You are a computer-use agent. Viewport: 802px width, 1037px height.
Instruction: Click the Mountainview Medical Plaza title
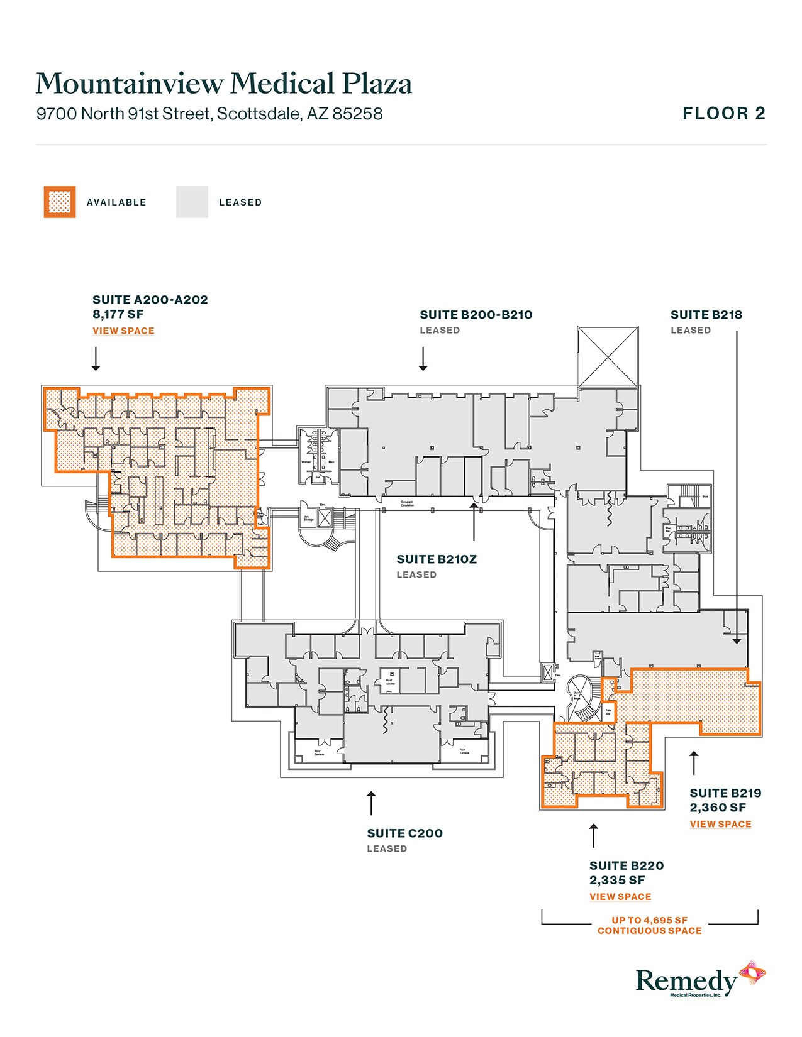click(x=224, y=84)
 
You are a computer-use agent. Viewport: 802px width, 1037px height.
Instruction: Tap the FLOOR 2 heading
click(x=724, y=114)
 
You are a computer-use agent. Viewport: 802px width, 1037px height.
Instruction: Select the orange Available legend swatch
click(x=60, y=202)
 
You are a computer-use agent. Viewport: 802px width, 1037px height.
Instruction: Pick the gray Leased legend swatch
click(x=192, y=202)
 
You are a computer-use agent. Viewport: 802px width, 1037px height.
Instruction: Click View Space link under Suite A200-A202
click(x=123, y=331)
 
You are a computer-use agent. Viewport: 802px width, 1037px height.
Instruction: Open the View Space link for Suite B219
click(x=720, y=825)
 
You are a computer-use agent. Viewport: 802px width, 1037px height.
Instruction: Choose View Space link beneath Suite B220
click(x=620, y=897)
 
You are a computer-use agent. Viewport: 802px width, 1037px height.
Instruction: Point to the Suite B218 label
click(x=706, y=315)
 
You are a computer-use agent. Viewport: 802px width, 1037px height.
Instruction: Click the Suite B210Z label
click(x=437, y=559)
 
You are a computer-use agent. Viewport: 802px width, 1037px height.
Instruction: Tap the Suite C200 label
click(x=404, y=833)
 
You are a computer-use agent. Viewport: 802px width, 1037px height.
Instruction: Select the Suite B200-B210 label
click(x=476, y=315)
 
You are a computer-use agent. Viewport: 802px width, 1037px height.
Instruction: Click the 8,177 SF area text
click(x=118, y=314)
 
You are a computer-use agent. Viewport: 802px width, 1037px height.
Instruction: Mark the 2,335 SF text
click(x=617, y=881)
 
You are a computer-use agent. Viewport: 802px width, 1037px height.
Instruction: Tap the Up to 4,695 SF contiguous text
click(x=649, y=925)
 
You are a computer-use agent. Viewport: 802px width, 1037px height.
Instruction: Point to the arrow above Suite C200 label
click(x=371, y=803)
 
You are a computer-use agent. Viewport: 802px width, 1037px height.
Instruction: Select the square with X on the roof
click(x=608, y=356)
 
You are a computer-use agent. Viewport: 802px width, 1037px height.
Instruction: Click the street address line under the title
click(x=209, y=114)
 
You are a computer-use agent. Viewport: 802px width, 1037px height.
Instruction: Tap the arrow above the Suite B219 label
click(x=694, y=763)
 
